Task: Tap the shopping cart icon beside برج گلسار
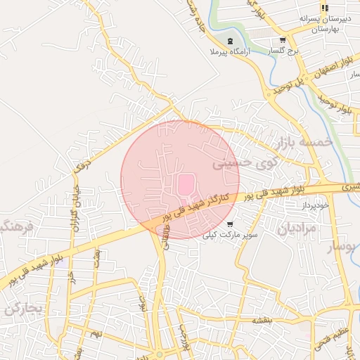pos(282,41)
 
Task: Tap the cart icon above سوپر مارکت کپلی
pos(230,224)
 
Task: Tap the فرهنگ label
pos(15,227)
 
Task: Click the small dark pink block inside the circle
pos(185,185)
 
